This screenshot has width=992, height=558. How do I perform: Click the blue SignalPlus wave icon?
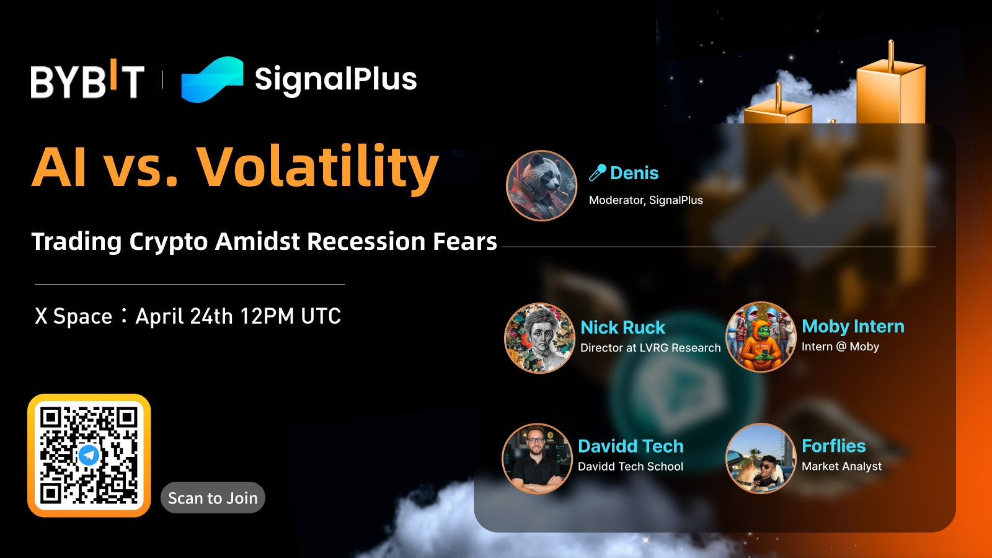212,79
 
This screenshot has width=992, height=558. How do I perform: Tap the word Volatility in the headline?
317,169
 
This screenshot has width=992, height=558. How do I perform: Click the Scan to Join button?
213,498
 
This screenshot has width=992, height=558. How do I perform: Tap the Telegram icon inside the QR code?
89,455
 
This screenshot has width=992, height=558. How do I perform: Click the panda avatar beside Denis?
541,185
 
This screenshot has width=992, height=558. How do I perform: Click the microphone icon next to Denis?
598,172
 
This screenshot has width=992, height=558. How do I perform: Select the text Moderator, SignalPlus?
645,200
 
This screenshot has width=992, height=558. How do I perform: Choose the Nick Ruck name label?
622,327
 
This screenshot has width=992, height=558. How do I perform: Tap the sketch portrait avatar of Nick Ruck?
539,338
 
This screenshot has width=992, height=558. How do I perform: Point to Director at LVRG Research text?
650,348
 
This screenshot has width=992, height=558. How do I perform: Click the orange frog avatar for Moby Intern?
760,337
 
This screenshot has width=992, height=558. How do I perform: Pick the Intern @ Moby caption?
840,347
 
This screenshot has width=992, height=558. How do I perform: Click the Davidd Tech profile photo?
537,458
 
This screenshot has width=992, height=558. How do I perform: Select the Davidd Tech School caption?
630,466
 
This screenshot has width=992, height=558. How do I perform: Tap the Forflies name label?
833,446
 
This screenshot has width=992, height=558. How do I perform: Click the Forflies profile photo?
761,458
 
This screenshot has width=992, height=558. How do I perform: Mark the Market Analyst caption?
841,466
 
